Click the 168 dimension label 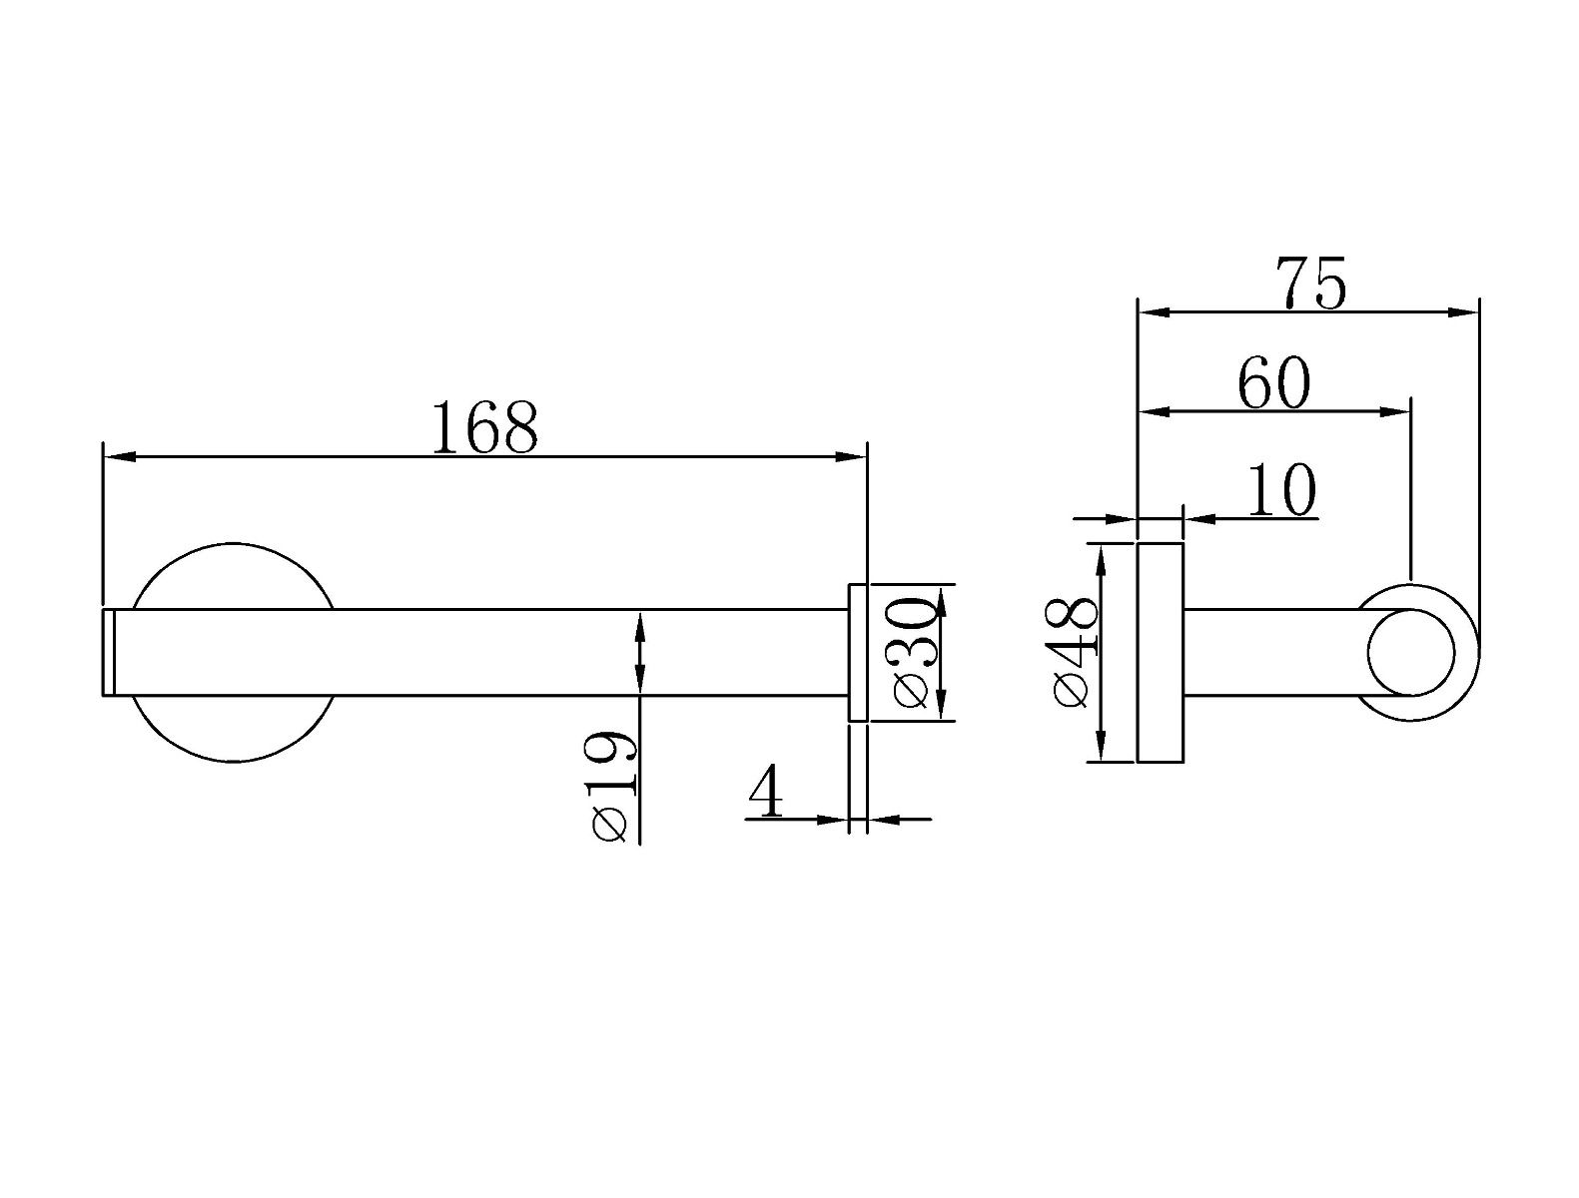tap(484, 428)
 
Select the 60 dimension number tap(1273, 382)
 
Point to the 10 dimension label tap(1281, 490)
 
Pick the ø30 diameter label tap(914, 653)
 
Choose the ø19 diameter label tap(613, 786)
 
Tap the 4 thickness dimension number tap(766, 791)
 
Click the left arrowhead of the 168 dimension tap(120, 456)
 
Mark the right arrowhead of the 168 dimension tap(850, 456)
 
